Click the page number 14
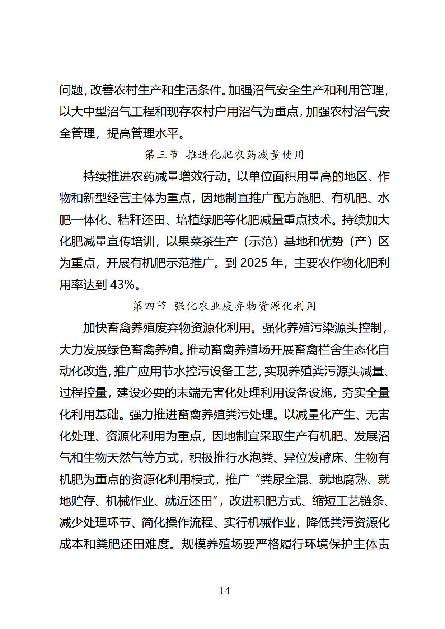[x=224, y=591]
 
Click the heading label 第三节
[x=161, y=155]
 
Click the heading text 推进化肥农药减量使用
[x=245, y=155]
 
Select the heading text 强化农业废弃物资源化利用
[x=245, y=306]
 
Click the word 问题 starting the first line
[x=71, y=90]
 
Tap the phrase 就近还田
[x=188, y=501]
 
